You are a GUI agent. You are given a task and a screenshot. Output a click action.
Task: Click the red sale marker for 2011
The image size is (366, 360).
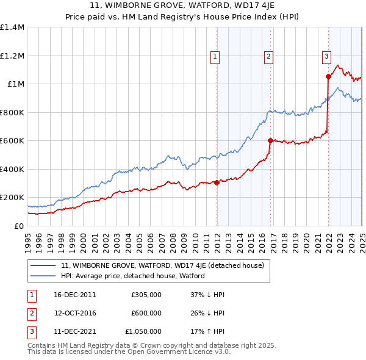217,182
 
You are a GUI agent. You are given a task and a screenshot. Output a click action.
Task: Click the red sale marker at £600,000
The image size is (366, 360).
270,140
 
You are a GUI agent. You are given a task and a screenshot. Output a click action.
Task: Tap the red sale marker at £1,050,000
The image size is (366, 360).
328,76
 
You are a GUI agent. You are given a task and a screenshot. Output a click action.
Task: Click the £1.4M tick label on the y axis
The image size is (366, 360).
12,27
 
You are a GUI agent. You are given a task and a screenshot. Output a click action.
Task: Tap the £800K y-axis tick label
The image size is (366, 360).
12,112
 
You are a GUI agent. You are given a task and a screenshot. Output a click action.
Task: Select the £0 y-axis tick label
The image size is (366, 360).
18,226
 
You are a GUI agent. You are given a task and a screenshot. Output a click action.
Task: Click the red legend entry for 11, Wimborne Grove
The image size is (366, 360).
162,265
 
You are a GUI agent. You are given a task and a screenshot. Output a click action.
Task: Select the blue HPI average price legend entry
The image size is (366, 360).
132,276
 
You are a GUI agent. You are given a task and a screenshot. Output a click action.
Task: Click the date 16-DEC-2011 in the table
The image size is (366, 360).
75,295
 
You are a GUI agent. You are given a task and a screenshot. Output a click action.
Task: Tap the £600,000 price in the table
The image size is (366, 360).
146,313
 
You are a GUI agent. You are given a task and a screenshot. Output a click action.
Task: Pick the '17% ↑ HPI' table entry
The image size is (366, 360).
207,331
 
